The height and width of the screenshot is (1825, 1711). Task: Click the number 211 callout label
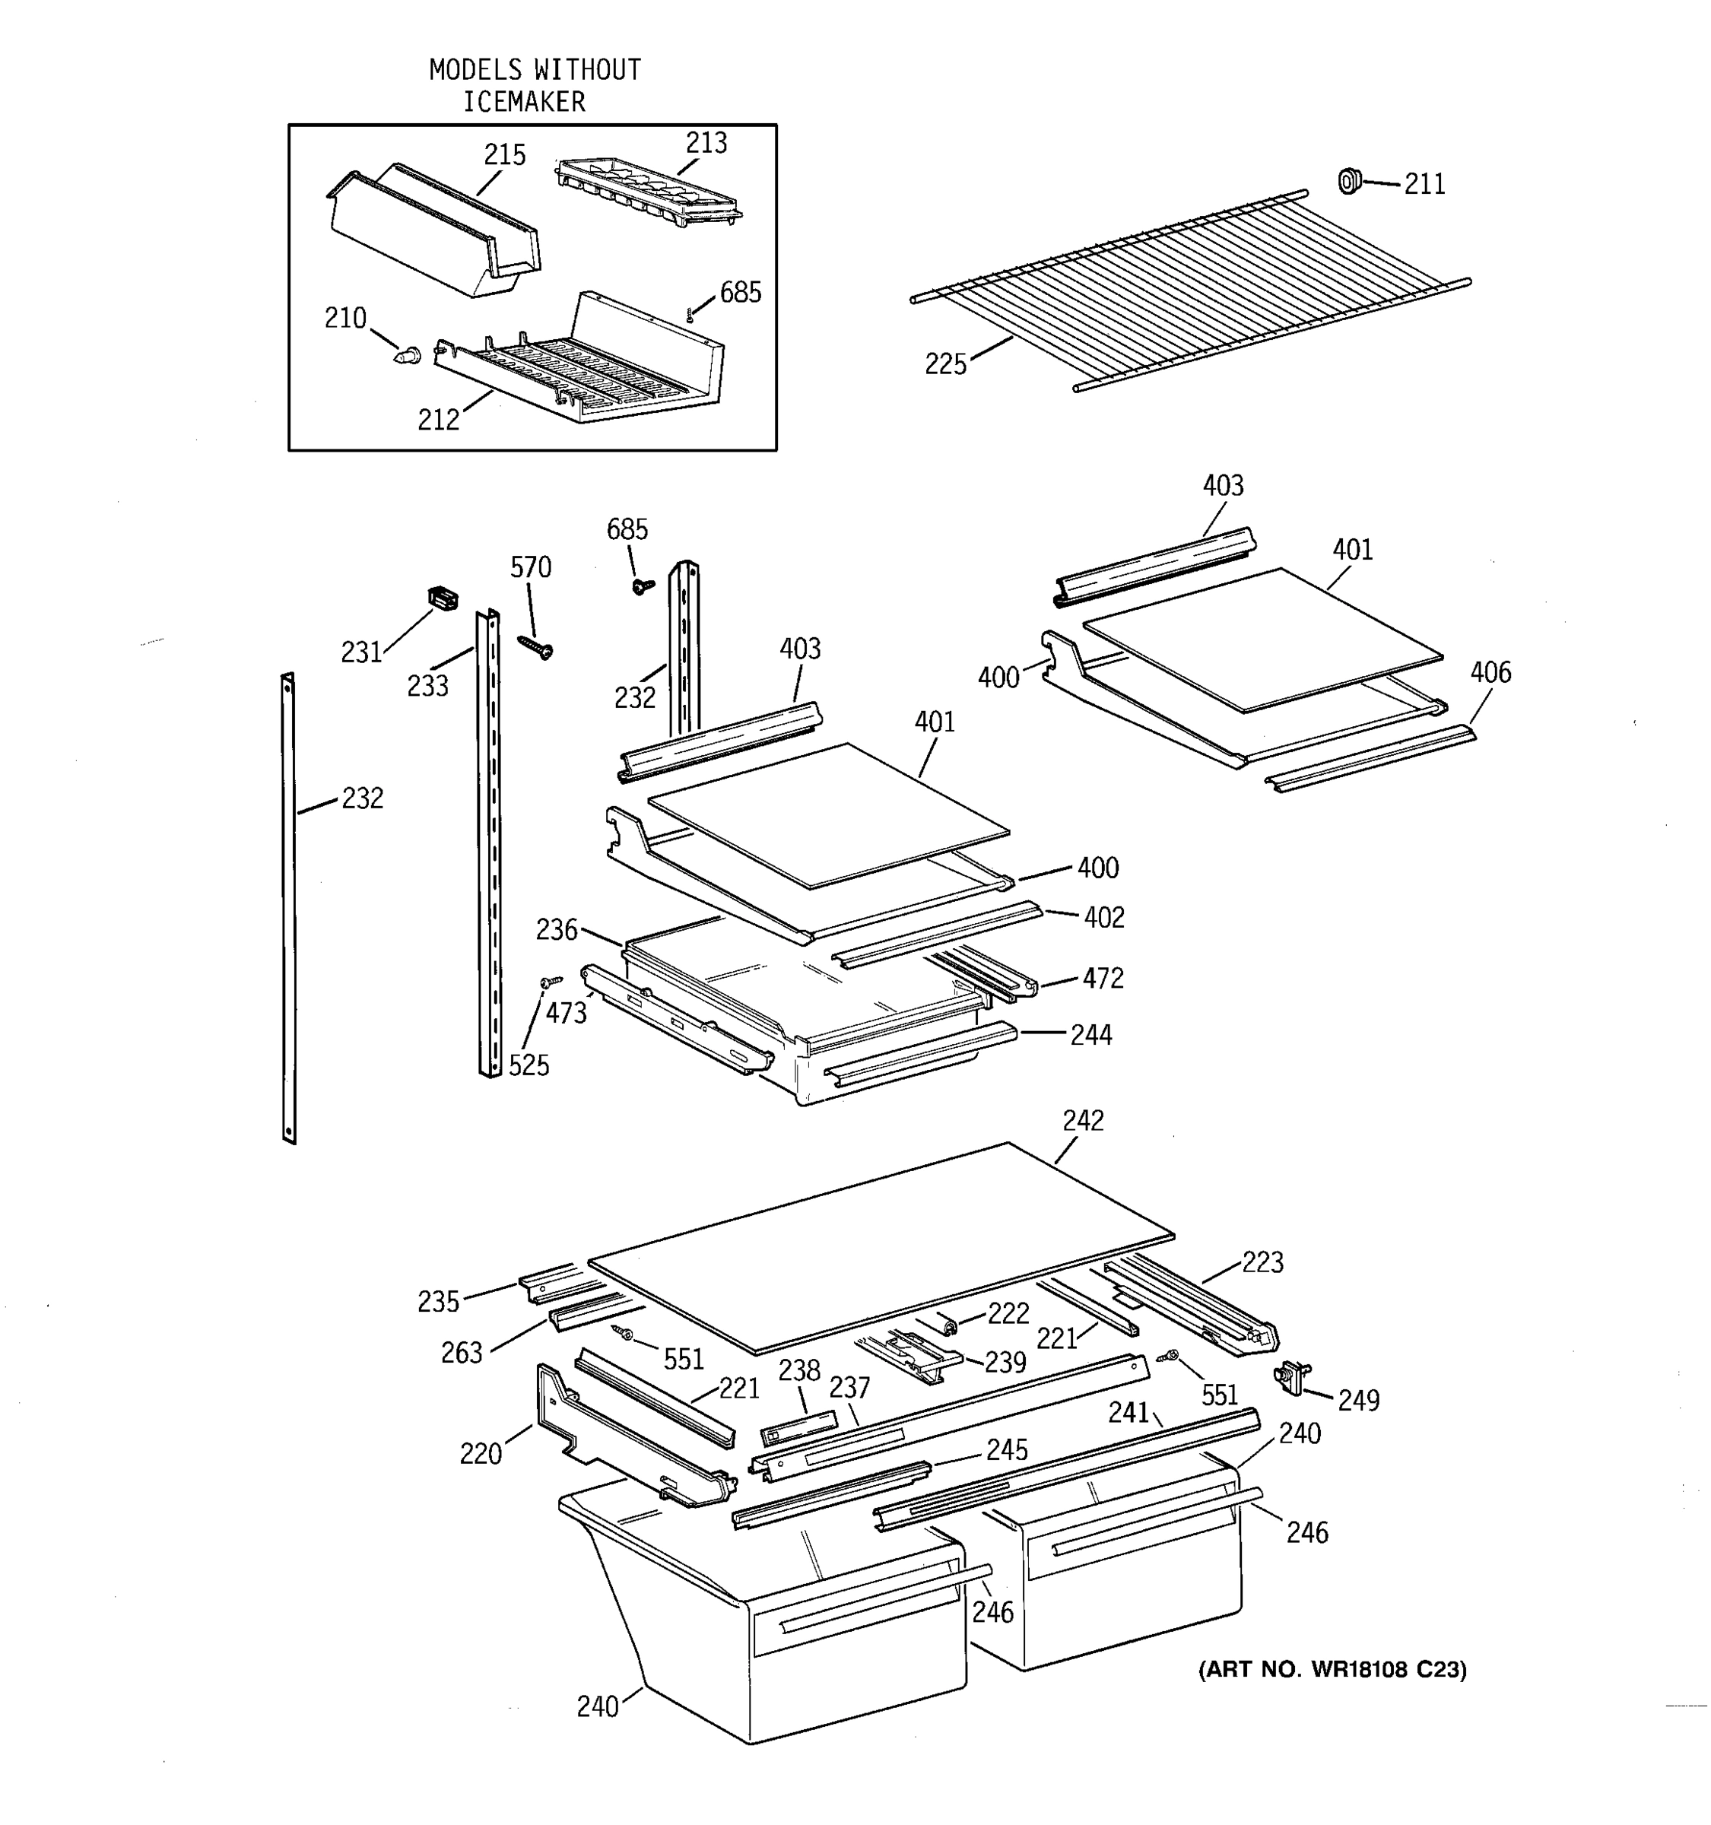1424,185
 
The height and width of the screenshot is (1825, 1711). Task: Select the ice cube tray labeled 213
648,190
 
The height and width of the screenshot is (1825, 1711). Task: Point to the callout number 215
504,154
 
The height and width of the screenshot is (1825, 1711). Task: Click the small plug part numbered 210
408,355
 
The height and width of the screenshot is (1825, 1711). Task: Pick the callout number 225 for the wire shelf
945,364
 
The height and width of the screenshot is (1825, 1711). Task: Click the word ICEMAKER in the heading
523,102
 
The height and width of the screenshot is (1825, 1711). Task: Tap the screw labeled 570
536,646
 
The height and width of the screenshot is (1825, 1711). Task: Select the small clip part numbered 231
443,598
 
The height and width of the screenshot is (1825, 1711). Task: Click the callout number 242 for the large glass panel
1083,1120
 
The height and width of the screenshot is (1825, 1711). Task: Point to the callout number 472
1103,979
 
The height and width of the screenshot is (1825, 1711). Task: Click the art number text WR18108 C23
1388,1670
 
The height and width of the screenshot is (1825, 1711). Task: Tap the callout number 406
1490,672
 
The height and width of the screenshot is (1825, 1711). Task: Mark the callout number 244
1090,1036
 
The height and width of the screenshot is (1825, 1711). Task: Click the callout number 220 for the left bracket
480,1454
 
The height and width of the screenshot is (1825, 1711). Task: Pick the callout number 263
462,1353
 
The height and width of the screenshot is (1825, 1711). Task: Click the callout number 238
798,1370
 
